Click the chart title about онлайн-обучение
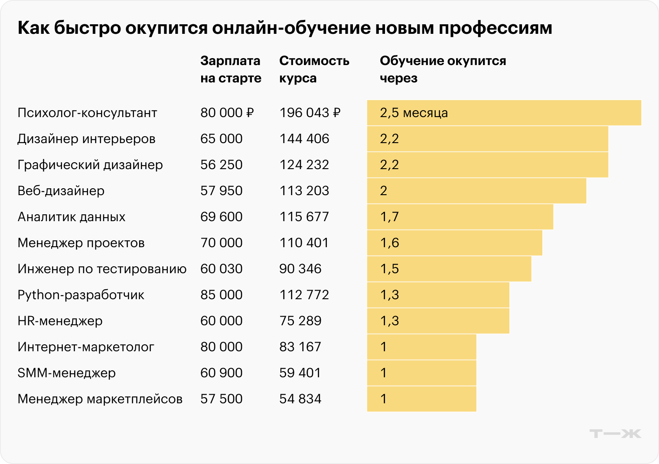pos(285,28)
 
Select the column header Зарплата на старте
pos(231,69)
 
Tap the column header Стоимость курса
pos(314,69)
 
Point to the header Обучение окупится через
pos(442,69)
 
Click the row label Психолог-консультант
pos(87,113)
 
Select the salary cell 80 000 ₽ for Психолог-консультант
pos(227,113)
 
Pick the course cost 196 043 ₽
pos(310,113)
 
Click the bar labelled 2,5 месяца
pos(504,113)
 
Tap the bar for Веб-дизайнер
pos(476,191)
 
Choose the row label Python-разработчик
pos(81,295)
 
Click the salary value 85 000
pos(221,295)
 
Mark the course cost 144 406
pos(304,139)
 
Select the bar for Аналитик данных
pos(460,217)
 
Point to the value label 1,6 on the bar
pos(389,243)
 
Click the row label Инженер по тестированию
pos(102,269)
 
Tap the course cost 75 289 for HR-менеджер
pos(300,321)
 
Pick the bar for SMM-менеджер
pos(421,373)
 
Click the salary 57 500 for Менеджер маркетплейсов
pos(221,399)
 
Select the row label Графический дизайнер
pos(90,165)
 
